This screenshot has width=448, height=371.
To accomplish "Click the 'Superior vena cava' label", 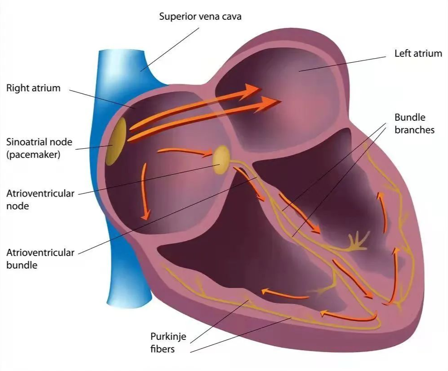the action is [200, 16].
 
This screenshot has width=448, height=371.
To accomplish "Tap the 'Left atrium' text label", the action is [418, 53].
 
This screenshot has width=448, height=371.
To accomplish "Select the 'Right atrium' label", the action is [33, 88].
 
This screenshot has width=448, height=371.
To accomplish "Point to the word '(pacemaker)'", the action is [33, 155].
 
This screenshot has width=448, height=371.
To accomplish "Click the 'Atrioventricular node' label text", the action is [40, 200].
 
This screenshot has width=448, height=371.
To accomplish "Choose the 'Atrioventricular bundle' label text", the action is [40, 259].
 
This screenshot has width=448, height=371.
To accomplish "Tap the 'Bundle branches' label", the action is [414, 124].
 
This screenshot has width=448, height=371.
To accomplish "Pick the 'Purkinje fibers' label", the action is [168, 343].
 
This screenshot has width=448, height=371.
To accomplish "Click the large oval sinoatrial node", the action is [116, 142].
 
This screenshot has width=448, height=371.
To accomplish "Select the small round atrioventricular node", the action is [221, 160].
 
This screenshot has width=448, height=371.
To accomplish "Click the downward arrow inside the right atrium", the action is [145, 191].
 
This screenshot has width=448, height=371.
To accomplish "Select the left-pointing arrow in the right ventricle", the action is [285, 294].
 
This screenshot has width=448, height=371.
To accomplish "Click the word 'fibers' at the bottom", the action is [162, 349].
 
